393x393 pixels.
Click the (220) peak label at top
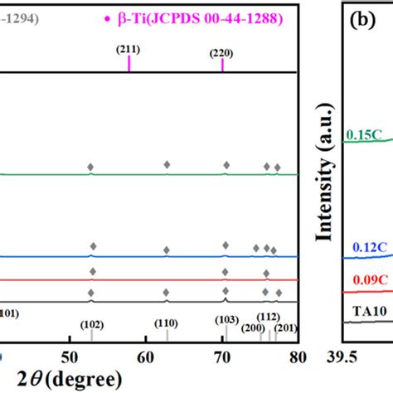pyautogui.click(x=221, y=53)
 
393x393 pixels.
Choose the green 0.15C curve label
pyautogui.click(x=361, y=133)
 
